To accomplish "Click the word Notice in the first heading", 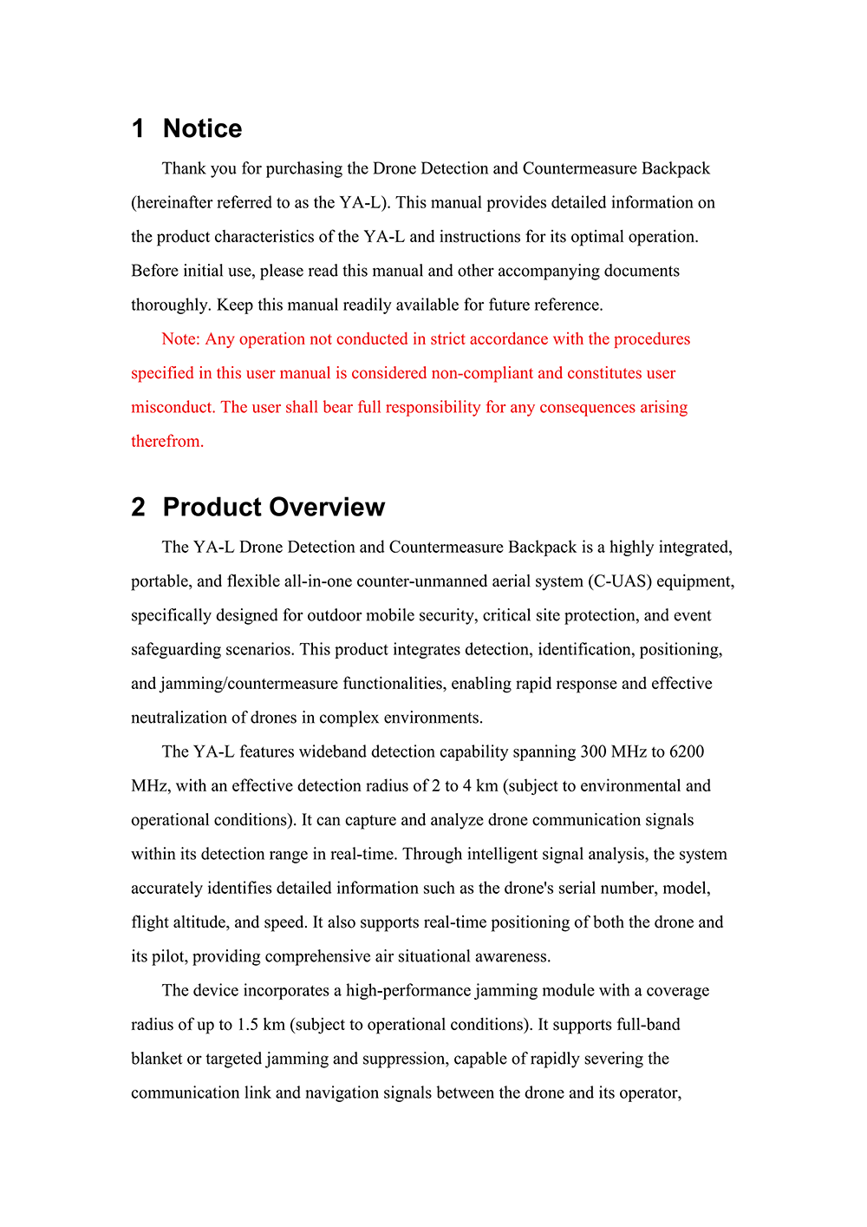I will point(202,128).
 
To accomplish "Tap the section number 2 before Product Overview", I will point(138,507).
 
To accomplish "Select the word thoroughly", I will point(171,305).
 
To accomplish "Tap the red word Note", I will point(180,338).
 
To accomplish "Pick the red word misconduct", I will point(173,407).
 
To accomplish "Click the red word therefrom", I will point(166,441).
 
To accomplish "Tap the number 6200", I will point(687,751).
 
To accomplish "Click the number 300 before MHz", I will point(594,751).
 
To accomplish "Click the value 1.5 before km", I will point(248,1025).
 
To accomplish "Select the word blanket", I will point(156,1059).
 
